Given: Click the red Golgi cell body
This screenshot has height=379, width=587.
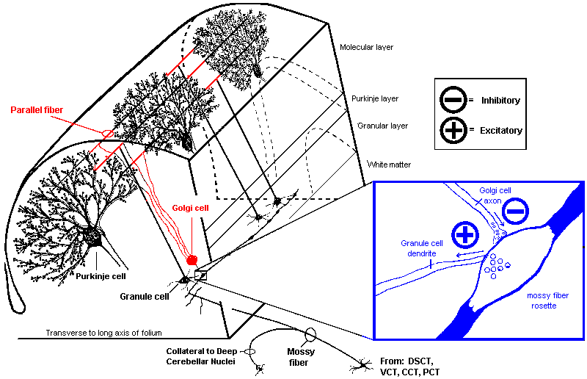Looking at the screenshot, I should pos(193,259).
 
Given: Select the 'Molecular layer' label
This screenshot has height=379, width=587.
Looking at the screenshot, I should pos(366,47).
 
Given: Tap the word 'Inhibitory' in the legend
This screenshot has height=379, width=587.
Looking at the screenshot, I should pos(501,101).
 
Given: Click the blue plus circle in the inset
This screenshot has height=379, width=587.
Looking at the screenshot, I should pos(464,235).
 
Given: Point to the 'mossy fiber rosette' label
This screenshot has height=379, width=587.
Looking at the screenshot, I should pos(546,300).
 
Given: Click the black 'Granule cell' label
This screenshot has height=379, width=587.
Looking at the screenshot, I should pos(145,297).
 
